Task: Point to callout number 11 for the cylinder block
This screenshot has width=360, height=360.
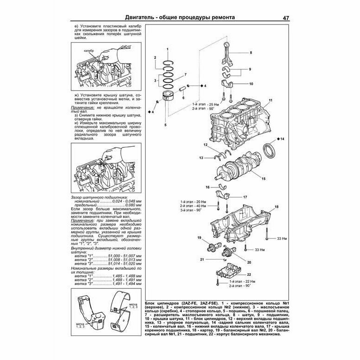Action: click(x=270, y=101)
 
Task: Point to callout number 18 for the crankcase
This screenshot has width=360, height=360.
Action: click(x=277, y=206)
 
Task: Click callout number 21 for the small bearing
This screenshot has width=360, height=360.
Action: click(x=202, y=259)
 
